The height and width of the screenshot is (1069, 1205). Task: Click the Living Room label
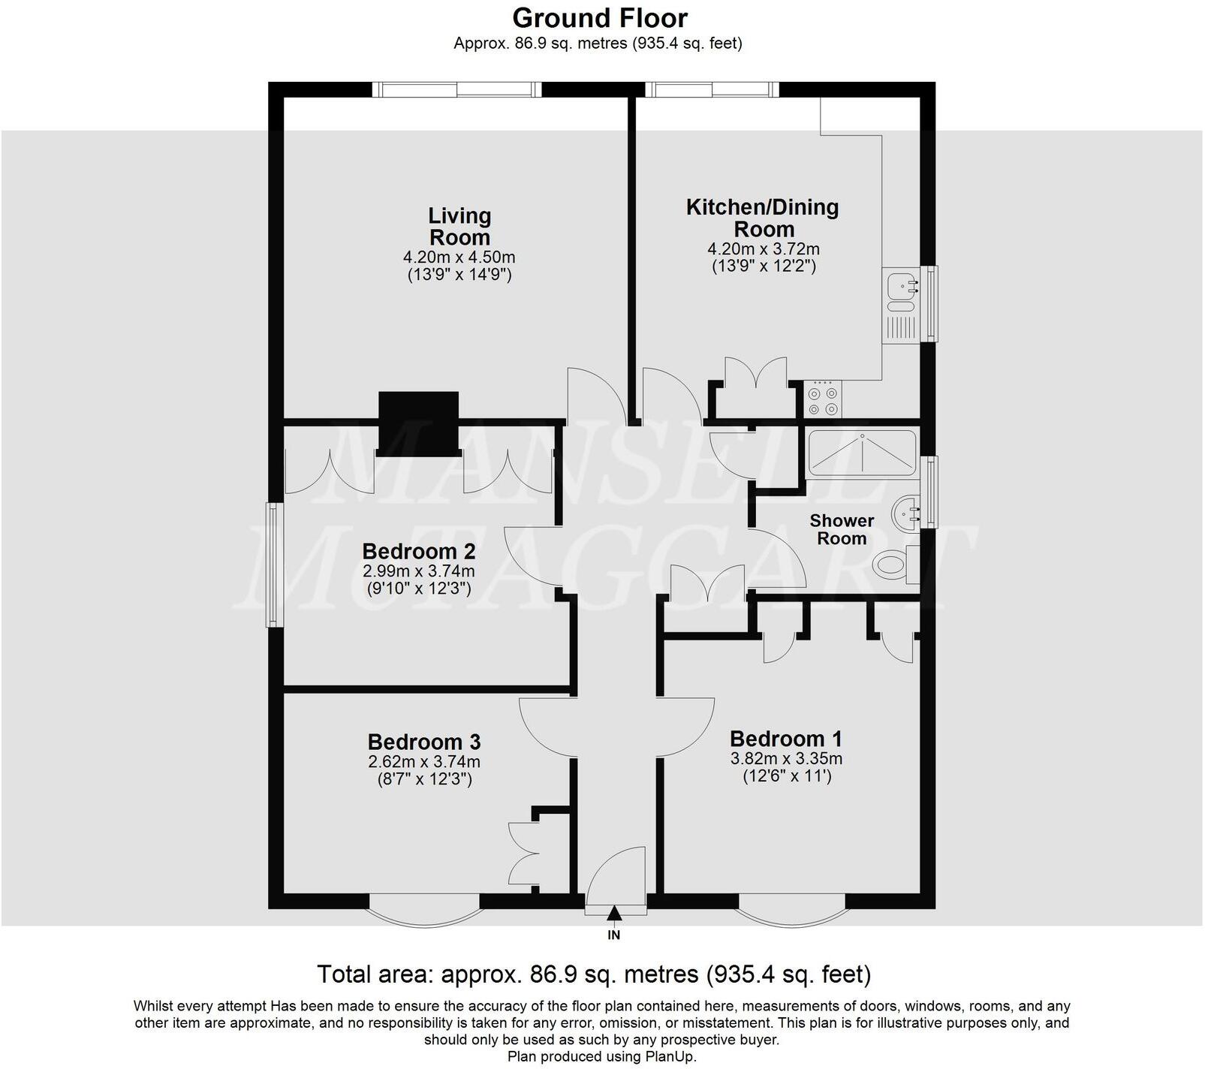459,226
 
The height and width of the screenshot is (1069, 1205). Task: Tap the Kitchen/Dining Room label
762,218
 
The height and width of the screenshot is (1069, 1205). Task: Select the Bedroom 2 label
418,552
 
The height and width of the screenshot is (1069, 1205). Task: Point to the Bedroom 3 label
423,742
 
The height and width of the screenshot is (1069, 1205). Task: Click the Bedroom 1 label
785,739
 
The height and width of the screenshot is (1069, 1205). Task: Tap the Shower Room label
842,529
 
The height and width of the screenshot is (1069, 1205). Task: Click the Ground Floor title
599,17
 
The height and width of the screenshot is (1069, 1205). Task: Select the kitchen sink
900,286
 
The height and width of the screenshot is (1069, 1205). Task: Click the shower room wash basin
905,514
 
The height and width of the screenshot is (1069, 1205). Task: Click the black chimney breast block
418,423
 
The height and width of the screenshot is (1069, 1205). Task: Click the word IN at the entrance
614,935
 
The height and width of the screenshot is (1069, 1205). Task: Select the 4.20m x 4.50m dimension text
459,257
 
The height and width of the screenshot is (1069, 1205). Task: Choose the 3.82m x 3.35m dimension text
785,758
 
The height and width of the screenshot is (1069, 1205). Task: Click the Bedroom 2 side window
275,565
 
